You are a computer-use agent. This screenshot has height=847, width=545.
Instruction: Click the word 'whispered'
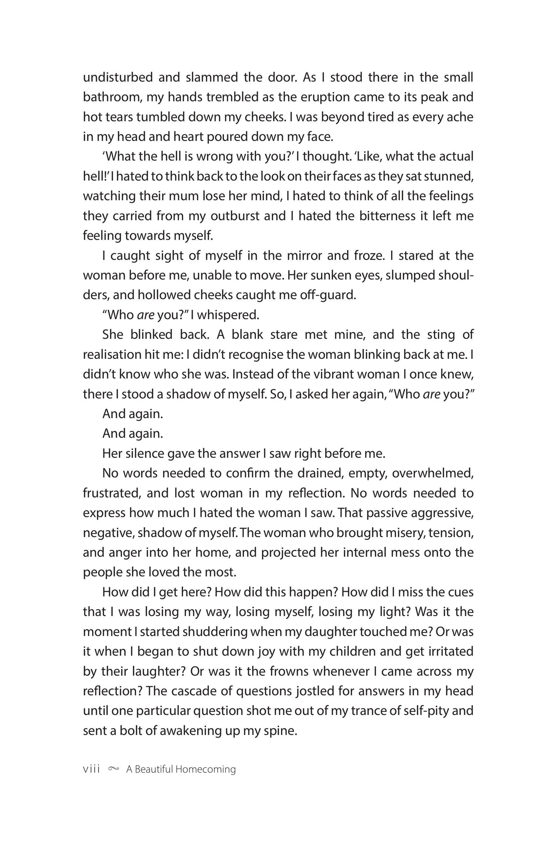pos(228,315)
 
